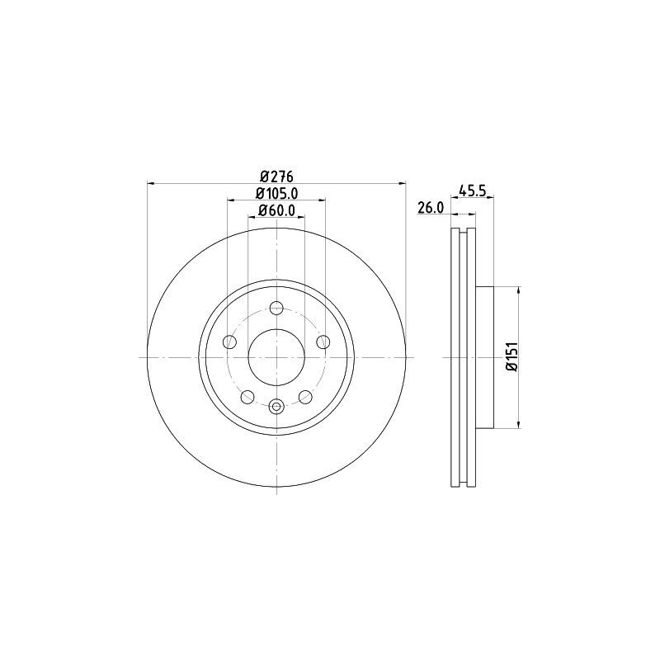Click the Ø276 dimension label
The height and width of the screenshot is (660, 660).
(x=276, y=175)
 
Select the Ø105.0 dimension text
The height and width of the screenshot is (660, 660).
(x=276, y=193)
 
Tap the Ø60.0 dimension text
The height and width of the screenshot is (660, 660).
(x=276, y=211)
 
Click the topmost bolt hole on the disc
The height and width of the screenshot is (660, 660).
(x=276, y=308)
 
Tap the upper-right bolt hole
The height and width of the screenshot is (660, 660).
(x=323, y=342)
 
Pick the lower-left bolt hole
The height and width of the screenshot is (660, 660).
(x=247, y=397)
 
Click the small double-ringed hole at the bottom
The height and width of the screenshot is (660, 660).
(x=276, y=405)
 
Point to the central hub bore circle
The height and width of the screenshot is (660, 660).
(x=276, y=356)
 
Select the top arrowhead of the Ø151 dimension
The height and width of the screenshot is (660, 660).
(x=518, y=290)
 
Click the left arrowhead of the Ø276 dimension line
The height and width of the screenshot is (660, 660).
(x=151, y=182)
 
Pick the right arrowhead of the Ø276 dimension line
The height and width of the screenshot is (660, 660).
(x=403, y=182)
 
